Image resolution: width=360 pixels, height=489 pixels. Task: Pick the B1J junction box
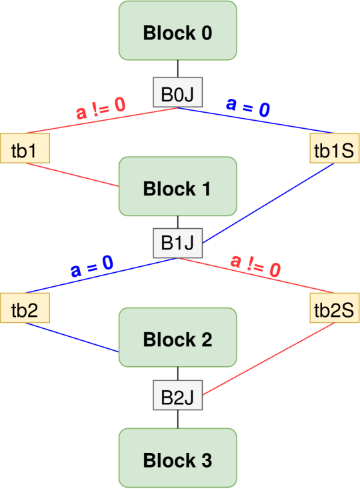click(x=178, y=244)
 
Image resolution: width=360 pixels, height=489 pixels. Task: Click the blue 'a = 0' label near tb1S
click(x=248, y=107)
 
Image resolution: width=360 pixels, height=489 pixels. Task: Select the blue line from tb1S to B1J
click(x=267, y=203)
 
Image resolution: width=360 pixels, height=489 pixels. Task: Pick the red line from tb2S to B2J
click(x=267, y=360)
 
